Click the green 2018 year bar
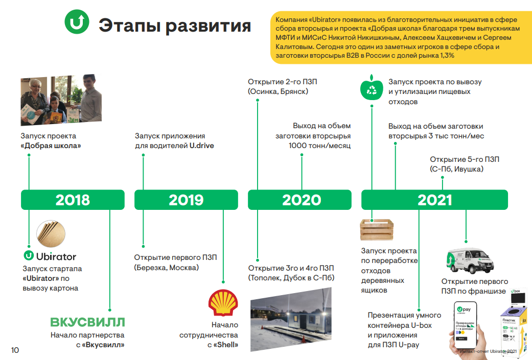click(x=72, y=200)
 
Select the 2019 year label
click(x=186, y=200)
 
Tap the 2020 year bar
click(x=301, y=200)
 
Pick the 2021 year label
click(x=434, y=200)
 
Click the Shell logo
click(x=223, y=302)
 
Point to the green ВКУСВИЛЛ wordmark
click(x=87, y=322)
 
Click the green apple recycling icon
click(x=372, y=90)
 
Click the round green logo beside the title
click(x=77, y=22)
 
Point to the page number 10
click(x=15, y=350)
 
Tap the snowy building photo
click(x=290, y=319)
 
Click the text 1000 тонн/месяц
click(x=319, y=146)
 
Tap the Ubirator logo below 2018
click(x=50, y=256)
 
